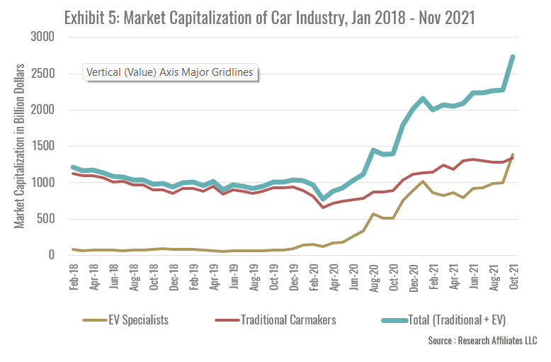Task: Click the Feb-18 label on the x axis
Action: coord(74,277)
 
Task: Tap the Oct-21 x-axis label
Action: coord(513,277)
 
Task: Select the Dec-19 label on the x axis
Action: coord(293,277)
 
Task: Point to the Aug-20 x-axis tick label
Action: coord(373,277)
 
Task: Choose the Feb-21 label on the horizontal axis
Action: coord(433,277)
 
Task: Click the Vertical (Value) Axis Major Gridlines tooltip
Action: coord(170,72)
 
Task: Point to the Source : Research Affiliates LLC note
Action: coord(482,341)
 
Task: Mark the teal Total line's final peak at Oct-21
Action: coord(513,57)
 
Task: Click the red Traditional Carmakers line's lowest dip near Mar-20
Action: coord(323,207)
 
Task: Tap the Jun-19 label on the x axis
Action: coord(233,277)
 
